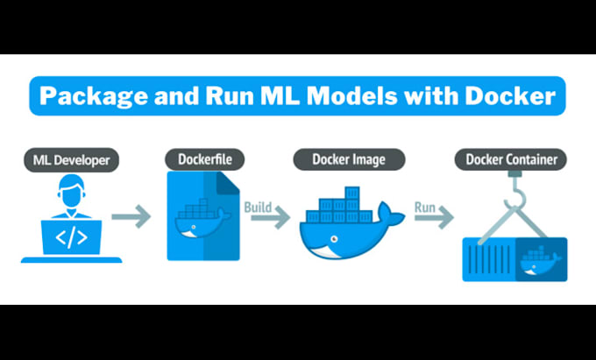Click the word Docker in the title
[x=512, y=95]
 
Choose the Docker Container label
[x=510, y=159]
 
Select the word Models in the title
[x=365, y=95]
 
